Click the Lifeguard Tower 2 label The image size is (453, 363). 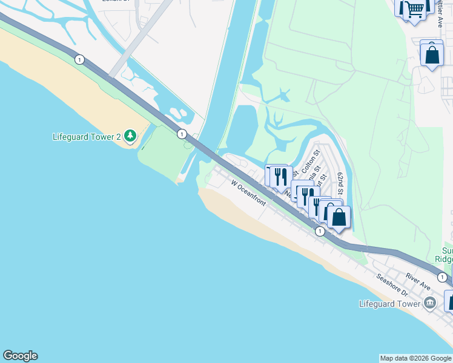point(87,136)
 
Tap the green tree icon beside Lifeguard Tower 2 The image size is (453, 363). point(130,136)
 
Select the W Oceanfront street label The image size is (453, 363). point(248,192)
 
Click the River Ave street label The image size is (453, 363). point(418,281)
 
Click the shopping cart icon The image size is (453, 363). point(414,9)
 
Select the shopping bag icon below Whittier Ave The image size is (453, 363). point(432,54)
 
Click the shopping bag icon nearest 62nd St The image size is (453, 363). point(339,217)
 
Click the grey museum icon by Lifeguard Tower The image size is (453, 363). point(430,302)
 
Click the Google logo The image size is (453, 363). point(20,356)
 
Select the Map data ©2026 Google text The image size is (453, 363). point(416,358)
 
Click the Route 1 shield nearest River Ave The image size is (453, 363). point(443,277)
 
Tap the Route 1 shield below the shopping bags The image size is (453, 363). point(320,231)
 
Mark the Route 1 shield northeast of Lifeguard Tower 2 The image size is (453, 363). point(181,134)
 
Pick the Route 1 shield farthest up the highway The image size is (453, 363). point(79,59)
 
